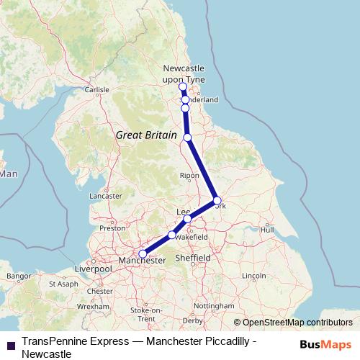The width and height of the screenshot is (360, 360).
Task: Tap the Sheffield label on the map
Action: click(192, 258)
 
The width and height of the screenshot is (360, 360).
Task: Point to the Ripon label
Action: click(189, 175)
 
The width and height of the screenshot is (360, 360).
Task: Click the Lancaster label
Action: click(105, 195)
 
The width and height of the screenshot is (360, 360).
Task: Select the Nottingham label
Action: click(214, 305)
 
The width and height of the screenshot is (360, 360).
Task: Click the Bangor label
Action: click(17, 276)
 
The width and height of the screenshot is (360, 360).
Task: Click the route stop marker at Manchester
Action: click(143, 253)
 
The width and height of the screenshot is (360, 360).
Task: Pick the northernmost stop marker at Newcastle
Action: click(183, 87)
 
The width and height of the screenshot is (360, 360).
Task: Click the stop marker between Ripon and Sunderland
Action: click(187, 137)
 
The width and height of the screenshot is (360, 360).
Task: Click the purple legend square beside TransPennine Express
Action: click(10, 344)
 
